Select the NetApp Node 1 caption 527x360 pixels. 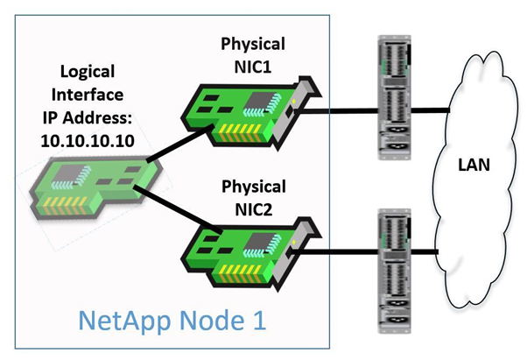[x=172, y=320]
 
